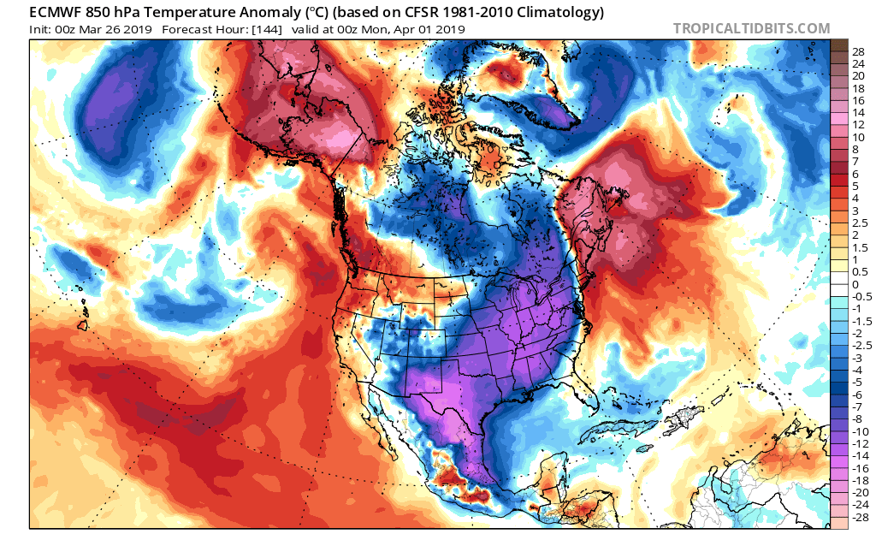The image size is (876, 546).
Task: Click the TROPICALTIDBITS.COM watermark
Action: tap(751, 28)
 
